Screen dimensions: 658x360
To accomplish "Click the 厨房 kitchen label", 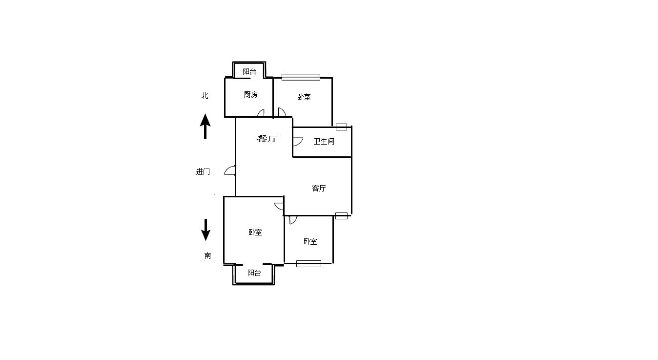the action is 250,95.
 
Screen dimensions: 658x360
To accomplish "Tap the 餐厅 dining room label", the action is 267,139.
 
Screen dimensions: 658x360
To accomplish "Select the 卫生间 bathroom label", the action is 324,141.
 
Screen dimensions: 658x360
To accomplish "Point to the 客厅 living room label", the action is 319,188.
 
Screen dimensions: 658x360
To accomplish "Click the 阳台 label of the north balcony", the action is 249,71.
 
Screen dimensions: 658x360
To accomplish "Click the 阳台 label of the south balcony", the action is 254,273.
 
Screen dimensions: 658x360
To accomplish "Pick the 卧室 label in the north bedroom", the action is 304,97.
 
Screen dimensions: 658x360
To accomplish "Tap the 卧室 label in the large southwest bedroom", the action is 255,232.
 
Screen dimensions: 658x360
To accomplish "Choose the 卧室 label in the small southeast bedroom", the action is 310,242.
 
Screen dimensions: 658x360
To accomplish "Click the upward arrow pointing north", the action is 205,127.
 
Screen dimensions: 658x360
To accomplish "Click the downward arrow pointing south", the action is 206,230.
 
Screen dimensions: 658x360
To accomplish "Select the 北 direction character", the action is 205,96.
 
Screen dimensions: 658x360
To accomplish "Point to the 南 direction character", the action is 207,255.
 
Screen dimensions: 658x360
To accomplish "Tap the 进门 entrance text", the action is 203,171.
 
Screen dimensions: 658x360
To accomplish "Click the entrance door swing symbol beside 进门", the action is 230,170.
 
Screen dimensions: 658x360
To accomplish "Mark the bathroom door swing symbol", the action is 298,142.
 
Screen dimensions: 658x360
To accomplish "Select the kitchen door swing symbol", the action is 261,113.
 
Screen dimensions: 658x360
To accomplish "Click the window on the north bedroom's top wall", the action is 301,77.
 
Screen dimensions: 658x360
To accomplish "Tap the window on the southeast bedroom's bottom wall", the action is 308,264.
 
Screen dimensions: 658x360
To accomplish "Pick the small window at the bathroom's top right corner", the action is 341,127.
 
